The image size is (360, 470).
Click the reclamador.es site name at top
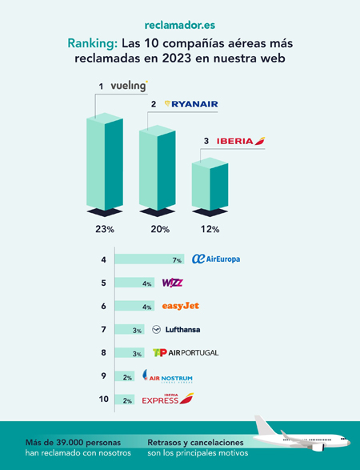point(180,27)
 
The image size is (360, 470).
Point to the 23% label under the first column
point(104,230)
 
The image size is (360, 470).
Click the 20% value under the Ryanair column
point(159,230)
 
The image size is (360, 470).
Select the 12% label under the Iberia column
point(210,230)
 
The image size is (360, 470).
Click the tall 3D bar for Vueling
point(104,160)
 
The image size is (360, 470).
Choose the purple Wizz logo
point(173,283)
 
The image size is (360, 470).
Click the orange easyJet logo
point(180,306)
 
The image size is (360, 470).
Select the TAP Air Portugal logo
point(185,352)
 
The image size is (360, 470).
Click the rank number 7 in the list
point(103,329)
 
